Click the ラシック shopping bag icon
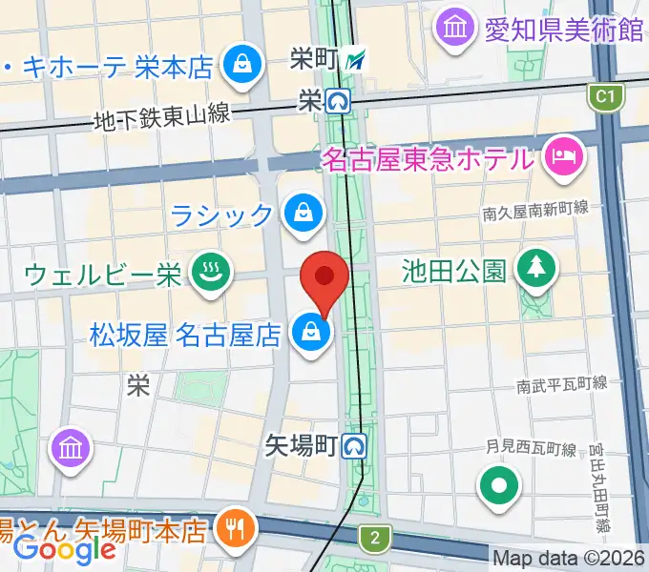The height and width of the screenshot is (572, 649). point(303,213)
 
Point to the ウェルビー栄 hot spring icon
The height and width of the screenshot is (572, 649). point(206,275)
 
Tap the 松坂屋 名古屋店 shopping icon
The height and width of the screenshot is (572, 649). point(311,333)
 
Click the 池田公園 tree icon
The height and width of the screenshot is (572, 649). point(533,270)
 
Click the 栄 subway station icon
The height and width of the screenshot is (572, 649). point(337,98)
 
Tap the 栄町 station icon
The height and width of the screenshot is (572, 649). point(356,60)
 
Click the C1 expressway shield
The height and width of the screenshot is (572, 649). point(602,95)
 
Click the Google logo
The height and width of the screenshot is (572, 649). point(65,548)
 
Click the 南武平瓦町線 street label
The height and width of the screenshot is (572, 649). point(562,385)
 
